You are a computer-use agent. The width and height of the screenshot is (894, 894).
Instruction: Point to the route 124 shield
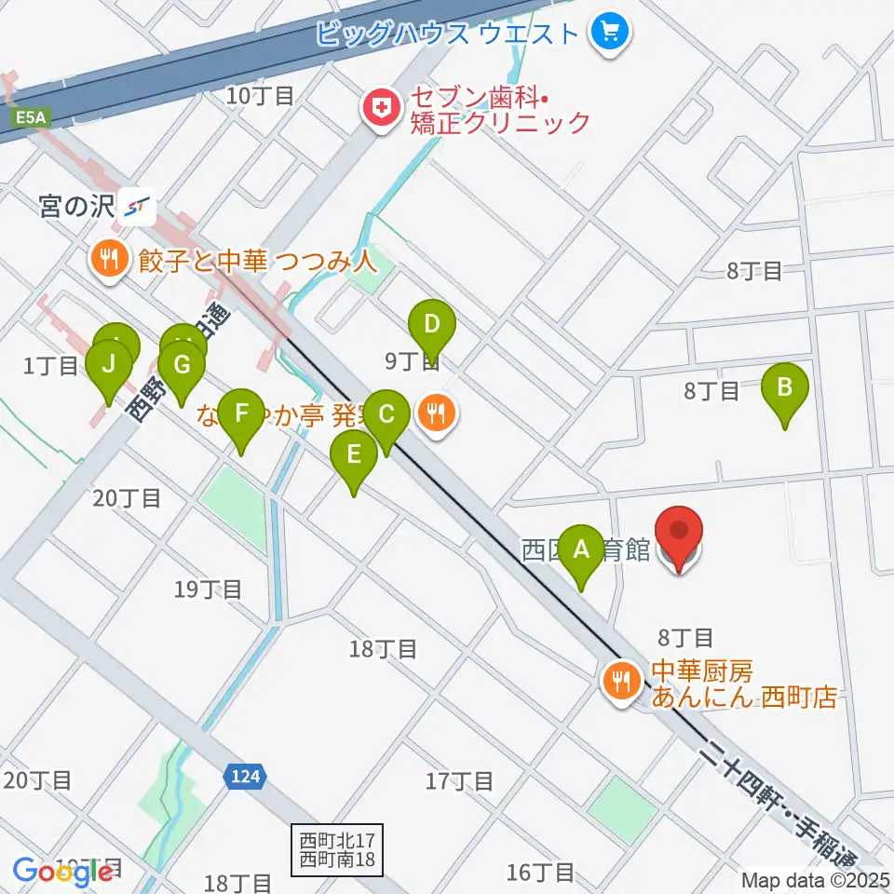click(247, 775)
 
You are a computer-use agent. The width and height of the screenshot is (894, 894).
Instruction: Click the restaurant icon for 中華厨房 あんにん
click(619, 682)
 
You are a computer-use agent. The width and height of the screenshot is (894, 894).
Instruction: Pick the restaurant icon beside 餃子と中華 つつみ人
click(111, 258)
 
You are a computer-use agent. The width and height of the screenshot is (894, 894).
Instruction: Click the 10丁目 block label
click(260, 94)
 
